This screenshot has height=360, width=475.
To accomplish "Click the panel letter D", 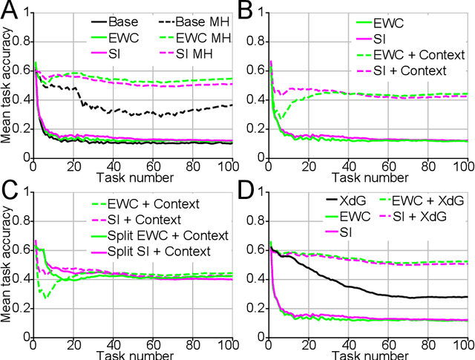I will click(x=248, y=191).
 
